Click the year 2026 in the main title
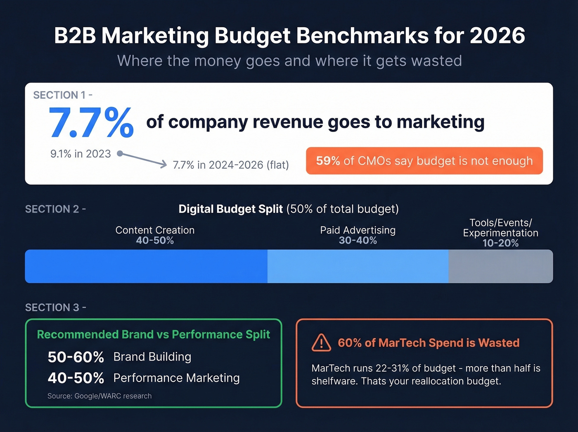tap(497, 36)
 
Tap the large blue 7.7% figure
tap(91, 123)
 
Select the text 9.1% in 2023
tap(81, 154)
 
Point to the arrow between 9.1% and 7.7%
tap(142, 159)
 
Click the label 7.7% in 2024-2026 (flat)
tap(231, 165)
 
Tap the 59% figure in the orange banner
tap(328, 161)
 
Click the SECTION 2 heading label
tap(55, 209)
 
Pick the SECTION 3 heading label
tap(55, 308)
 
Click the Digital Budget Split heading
tap(230, 209)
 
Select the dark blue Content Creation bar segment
tap(146, 266)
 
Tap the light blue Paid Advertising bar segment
tap(358, 266)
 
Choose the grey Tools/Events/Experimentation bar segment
tap(500, 266)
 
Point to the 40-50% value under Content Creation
tap(155, 241)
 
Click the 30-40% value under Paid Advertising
tap(358, 241)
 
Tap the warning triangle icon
tap(321, 343)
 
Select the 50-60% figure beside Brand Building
tap(76, 357)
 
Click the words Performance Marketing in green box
tap(176, 378)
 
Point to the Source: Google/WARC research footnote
tap(99, 396)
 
